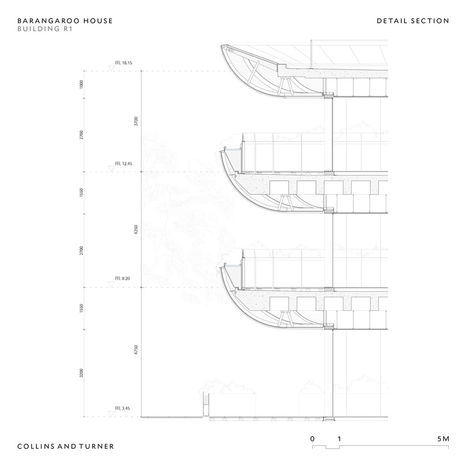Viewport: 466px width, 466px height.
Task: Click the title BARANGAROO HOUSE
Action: pyautogui.click(x=65, y=21)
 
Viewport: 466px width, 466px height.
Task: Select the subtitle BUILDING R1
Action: pyautogui.click(x=45, y=29)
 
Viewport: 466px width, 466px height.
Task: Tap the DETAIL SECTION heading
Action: pyautogui.click(x=413, y=21)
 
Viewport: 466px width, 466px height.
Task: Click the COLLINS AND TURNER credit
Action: pyautogui.click(x=66, y=446)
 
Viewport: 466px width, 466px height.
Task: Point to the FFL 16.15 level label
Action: pyautogui.click(x=124, y=63)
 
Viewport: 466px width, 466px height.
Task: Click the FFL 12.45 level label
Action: pyautogui.click(x=124, y=164)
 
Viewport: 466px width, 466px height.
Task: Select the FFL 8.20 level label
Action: pyautogui.click(x=123, y=278)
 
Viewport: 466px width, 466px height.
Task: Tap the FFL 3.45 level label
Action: pyautogui.click(x=123, y=408)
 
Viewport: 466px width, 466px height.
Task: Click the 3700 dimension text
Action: pyautogui.click(x=136, y=121)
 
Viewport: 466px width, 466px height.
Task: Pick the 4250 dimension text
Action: pyautogui.click(x=136, y=229)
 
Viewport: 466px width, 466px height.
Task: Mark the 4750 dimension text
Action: pyautogui.click(x=136, y=349)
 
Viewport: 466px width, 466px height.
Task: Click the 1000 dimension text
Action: pyautogui.click(x=82, y=85)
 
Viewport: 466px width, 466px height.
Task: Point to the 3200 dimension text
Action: pyautogui.click(x=82, y=373)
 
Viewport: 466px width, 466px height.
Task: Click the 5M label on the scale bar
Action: pyautogui.click(x=443, y=439)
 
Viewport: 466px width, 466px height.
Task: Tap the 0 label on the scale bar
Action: pyautogui.click(x=312, y=439)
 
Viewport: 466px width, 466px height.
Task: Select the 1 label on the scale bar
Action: pyautogui.click(x=339, y=439)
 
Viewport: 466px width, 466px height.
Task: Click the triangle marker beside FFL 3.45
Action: pyautogui.click(x=111, y=414)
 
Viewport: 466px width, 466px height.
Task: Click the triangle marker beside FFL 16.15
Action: pyautogui.click(x=111, y=68)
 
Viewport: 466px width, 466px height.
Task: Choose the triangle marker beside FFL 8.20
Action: pyautogui.click(x=111, y=285)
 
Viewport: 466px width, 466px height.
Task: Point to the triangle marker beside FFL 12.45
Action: pyautogui.click(x=111, y=169)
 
